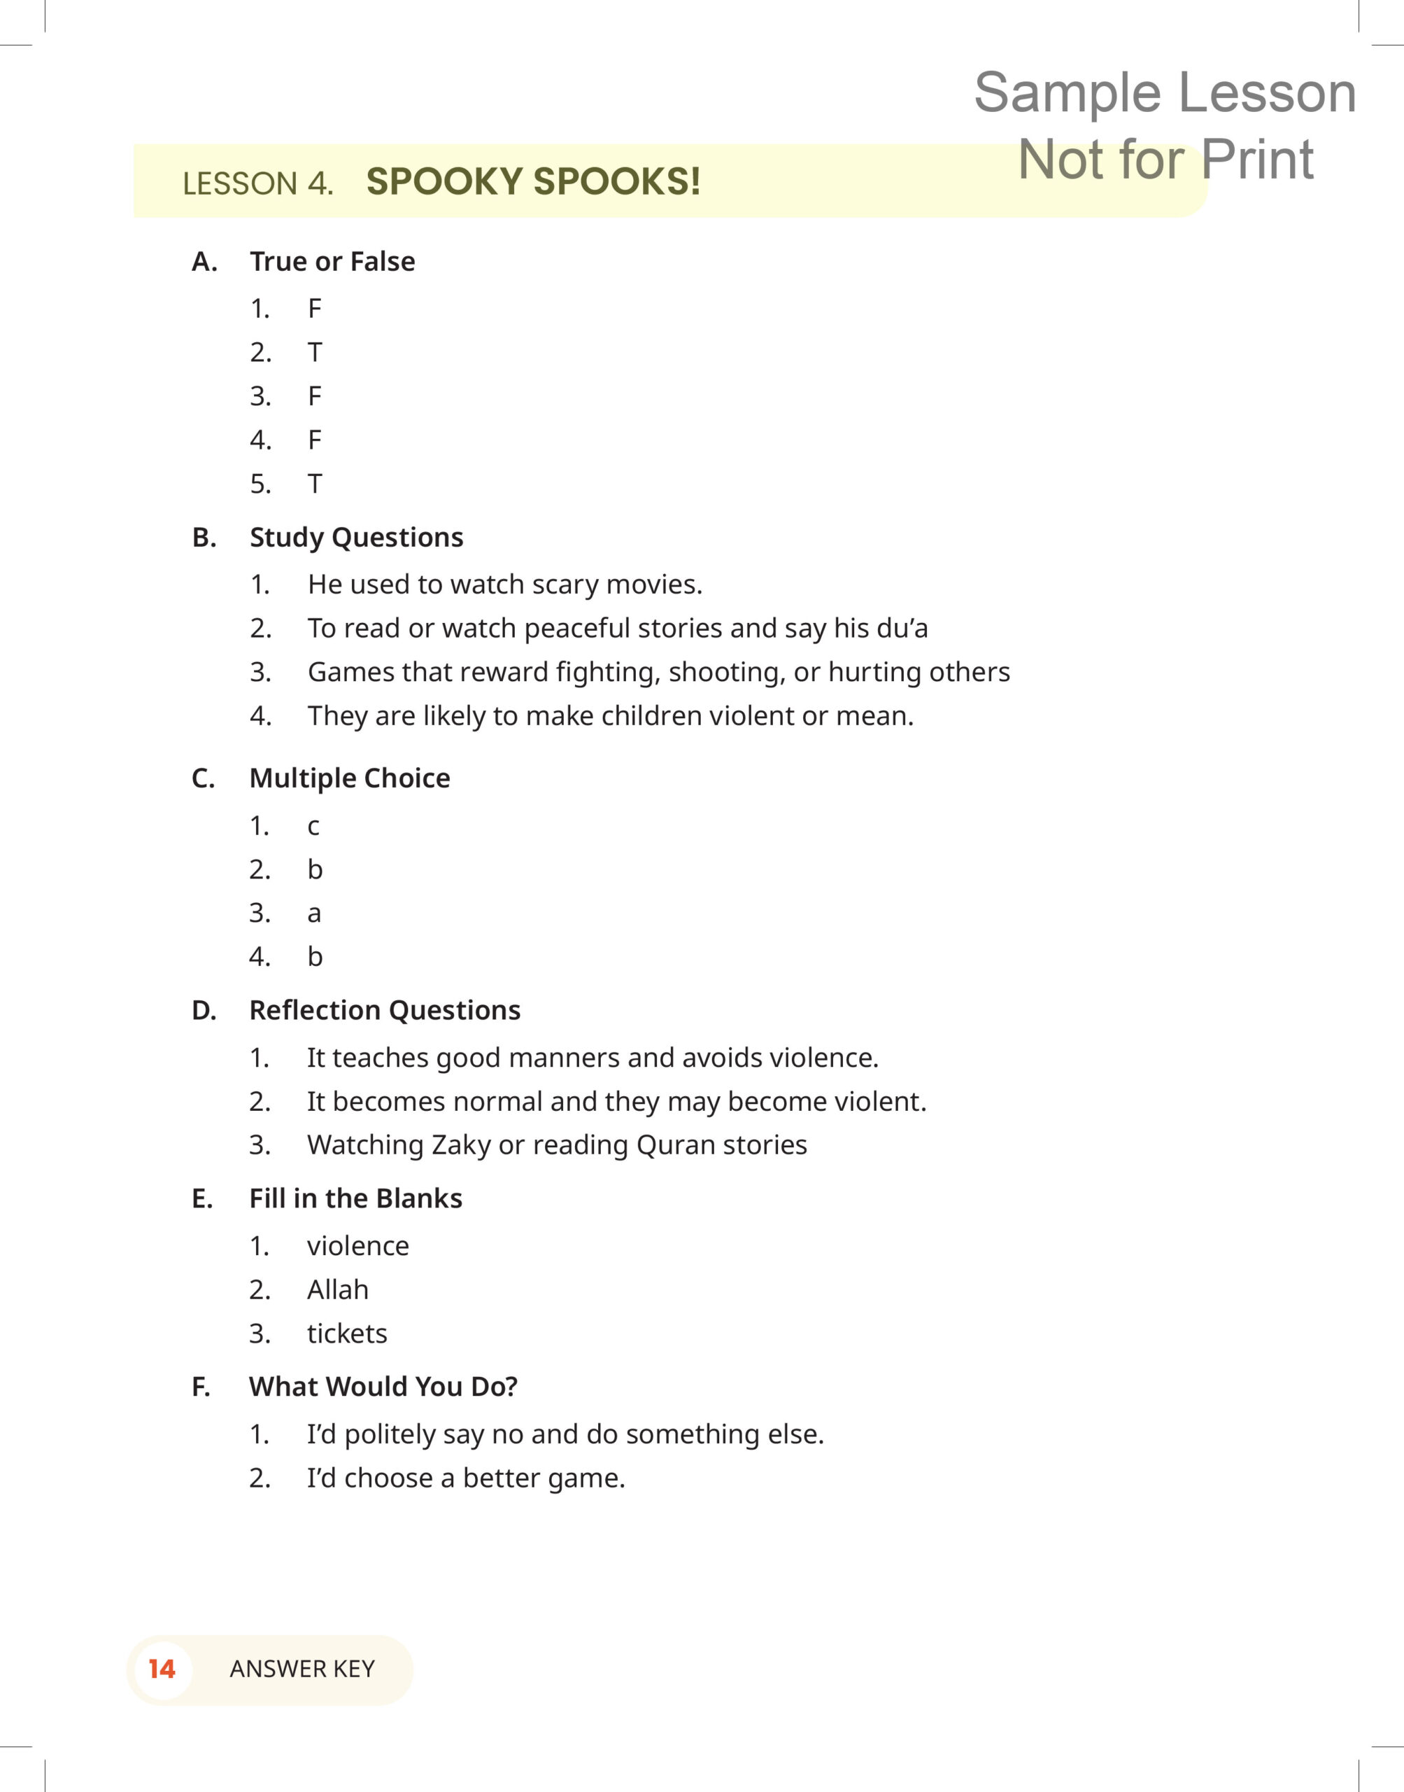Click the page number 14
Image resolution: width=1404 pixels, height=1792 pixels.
click(162, 1669)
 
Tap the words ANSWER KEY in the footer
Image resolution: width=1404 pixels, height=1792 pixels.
click(302, 1669)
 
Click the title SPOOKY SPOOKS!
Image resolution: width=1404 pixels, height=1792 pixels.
click(532, 182)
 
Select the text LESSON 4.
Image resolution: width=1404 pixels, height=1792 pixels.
click(257, 183)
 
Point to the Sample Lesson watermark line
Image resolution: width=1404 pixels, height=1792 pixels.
click(1164, 92)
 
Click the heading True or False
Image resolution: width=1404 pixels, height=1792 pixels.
click(332, 262)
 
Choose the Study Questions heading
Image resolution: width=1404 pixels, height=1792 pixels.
click(356, 537)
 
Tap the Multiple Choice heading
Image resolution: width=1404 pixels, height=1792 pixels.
click(349, 778)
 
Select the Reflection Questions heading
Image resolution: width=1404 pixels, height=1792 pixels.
click(385, 1010)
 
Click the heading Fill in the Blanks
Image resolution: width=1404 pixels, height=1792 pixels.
click(355, 1198)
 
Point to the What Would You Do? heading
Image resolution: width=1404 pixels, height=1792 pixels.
click(383, 1387)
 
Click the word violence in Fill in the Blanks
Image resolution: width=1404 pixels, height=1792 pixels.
click(357, 1246)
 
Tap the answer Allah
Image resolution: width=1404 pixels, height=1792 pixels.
click(337, 1289)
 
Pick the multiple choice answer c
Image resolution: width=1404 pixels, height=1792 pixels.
click(313, 826)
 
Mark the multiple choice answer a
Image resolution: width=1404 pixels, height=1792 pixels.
click(313, 913)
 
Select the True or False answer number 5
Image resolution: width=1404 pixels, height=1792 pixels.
click(314, 484)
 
